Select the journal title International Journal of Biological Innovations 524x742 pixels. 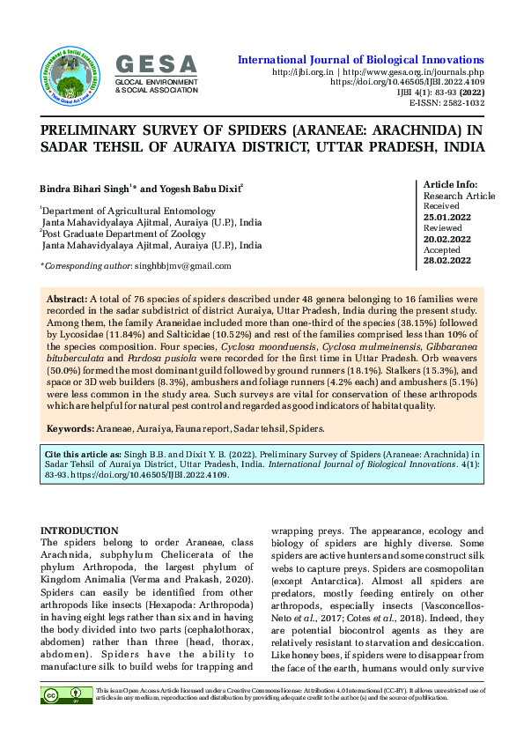tap(361, 59)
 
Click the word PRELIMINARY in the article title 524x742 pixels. tap(96, 130)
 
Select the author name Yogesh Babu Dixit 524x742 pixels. tap(200, 189)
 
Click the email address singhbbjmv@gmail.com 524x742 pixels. tap(189, 265)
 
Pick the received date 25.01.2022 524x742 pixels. tap(447, 217)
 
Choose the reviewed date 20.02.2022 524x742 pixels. tap(447, 239)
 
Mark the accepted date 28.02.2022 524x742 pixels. tap(447, 261)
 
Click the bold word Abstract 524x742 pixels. tap(66, 301)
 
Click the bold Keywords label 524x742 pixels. tap(70, 428)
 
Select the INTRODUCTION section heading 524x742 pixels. tap(80, 531)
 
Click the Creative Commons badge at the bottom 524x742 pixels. tap(65, 696)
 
